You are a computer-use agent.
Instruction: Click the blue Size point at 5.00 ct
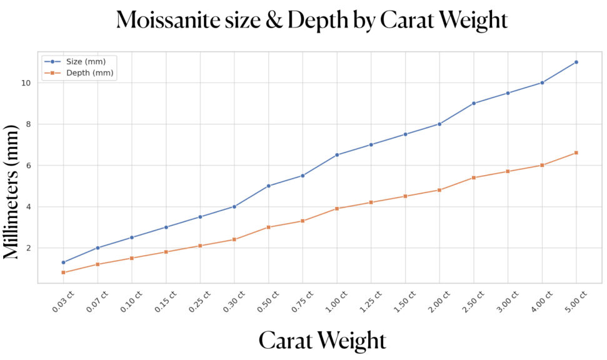coord(576,62)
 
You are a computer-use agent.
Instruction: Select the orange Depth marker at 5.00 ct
coord(576,152)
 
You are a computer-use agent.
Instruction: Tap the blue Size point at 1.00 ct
coord(337,155)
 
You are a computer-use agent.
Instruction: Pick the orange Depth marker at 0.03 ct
coord(64,272)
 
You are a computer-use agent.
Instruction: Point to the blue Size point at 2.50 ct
coord(474,103)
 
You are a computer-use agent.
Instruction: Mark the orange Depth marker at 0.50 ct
coord(269,227)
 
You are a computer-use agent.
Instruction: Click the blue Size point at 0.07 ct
coord(98,247)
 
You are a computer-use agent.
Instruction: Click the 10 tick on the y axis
coord(29,82)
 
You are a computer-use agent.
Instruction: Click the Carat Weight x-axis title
coord(322,340)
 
